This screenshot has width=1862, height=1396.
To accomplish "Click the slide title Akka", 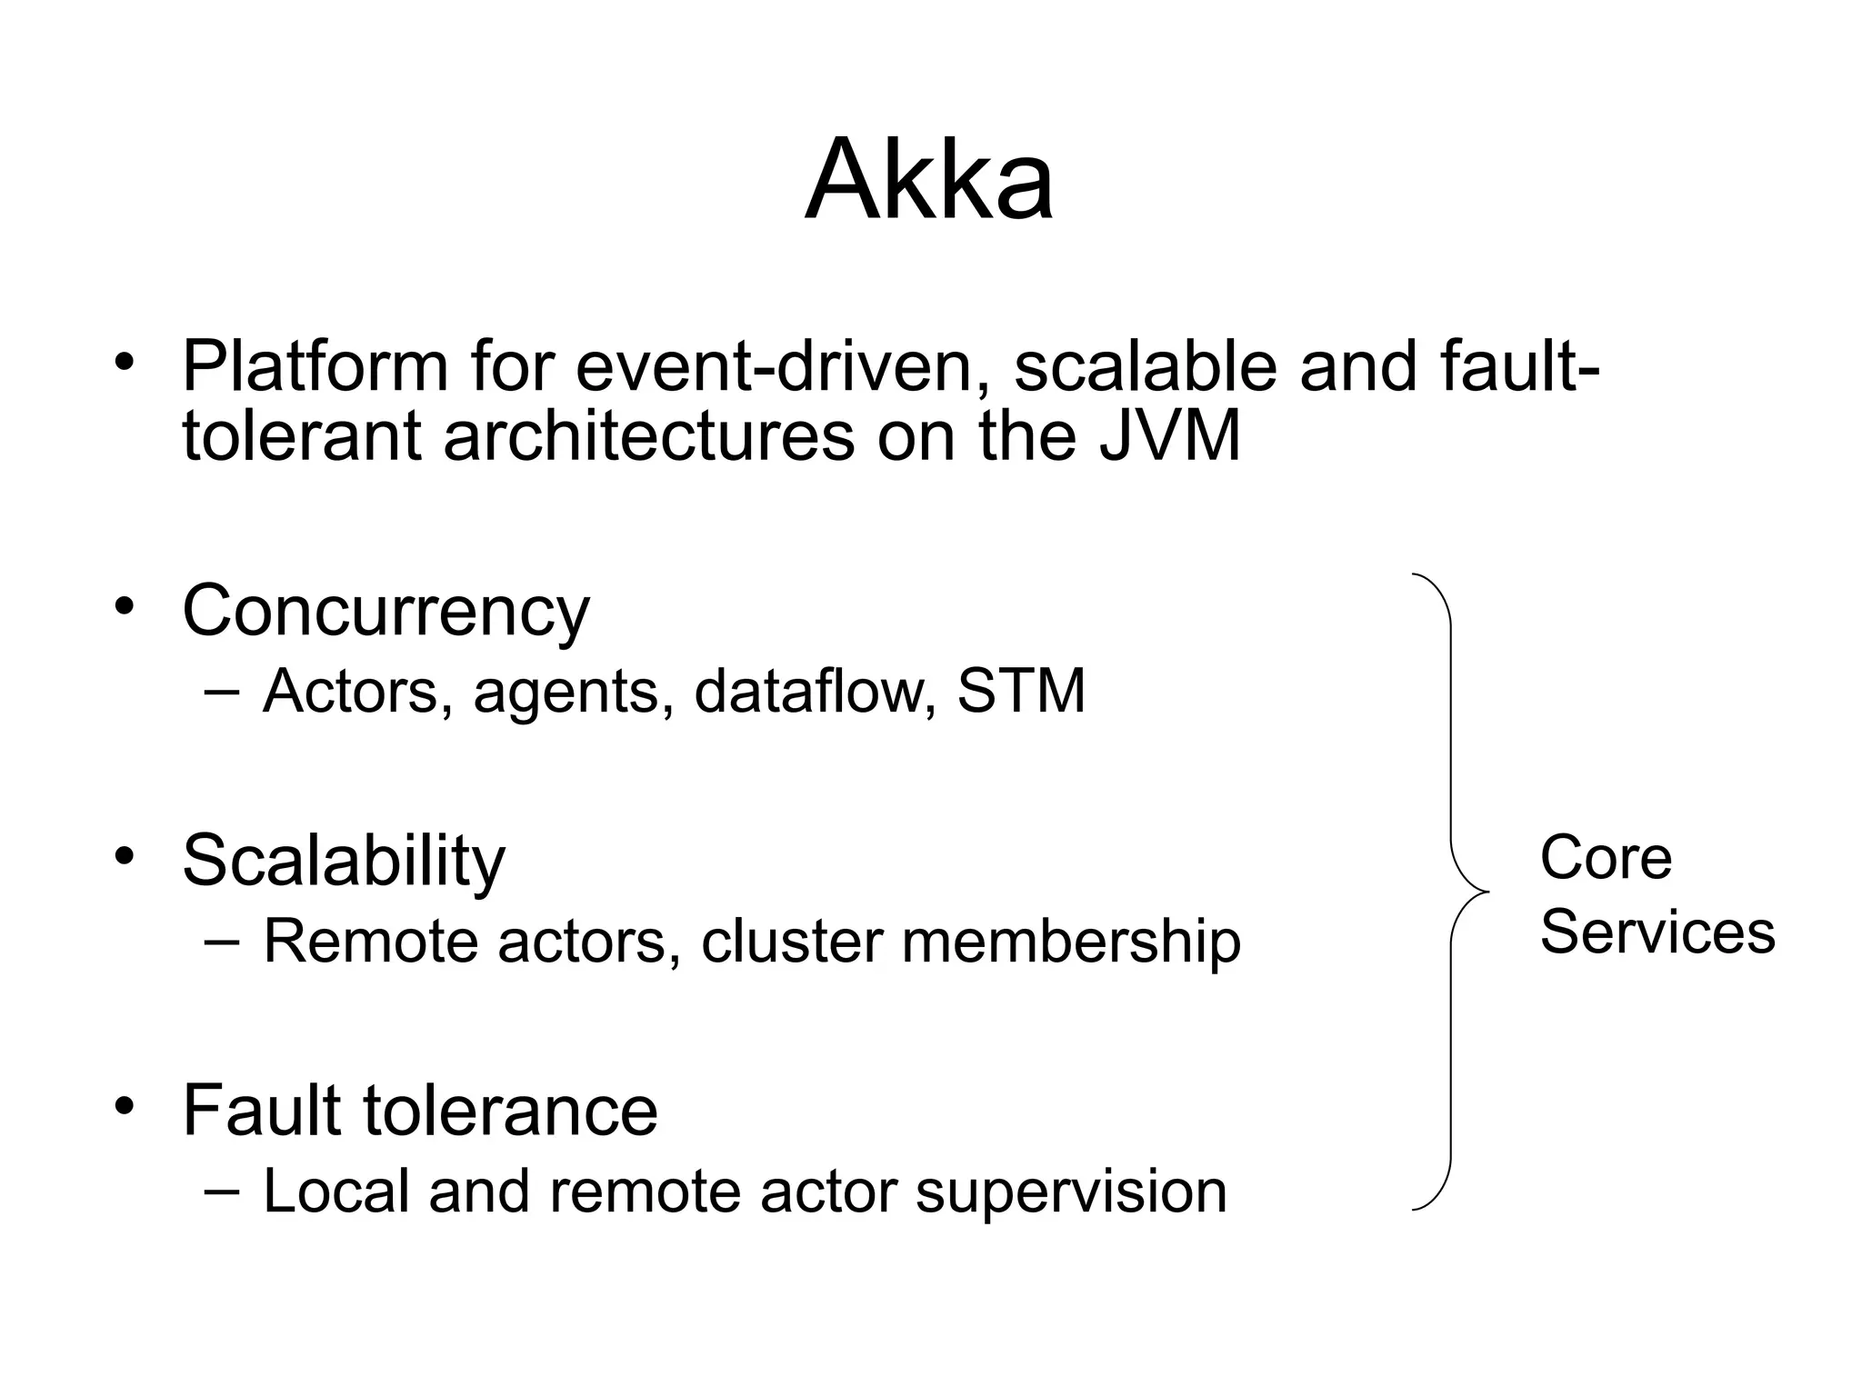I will (x=929, y=179).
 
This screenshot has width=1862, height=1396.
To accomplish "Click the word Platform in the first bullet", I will (x=315, y=366).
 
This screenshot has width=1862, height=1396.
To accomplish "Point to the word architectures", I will (x=649, y=436).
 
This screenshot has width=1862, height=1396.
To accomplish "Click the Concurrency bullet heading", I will (x=385, y=611).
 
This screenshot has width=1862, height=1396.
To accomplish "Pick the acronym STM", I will (x=1021, y=691).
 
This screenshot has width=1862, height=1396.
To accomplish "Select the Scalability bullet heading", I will (x=343, y=860).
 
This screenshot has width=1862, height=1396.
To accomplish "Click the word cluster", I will (x=791, y=941).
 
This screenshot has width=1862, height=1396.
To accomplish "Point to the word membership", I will (x=1071, y=941).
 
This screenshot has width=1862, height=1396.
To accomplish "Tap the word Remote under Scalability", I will (x=370, y=941).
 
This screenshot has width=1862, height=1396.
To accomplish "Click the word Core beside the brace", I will (x=1606, y=857).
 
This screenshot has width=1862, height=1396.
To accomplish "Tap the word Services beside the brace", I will (x=1657, y=932).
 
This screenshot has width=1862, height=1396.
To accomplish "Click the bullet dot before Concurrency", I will (x=125, y=606).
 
